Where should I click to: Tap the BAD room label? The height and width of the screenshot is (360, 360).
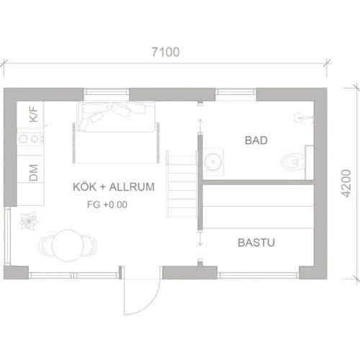[256, 140]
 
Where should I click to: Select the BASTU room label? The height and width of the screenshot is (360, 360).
[256, 243]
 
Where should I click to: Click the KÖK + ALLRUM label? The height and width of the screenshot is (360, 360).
[114, 187]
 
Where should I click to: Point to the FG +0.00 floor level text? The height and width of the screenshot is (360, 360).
[106, 204]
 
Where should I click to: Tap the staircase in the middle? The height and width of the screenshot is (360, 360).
[181, 184]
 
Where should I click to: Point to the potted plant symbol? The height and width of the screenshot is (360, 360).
[30, 220]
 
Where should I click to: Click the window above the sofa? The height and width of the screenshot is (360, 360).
[107, 94]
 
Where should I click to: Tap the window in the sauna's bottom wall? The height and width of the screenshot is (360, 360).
[258, 274]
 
